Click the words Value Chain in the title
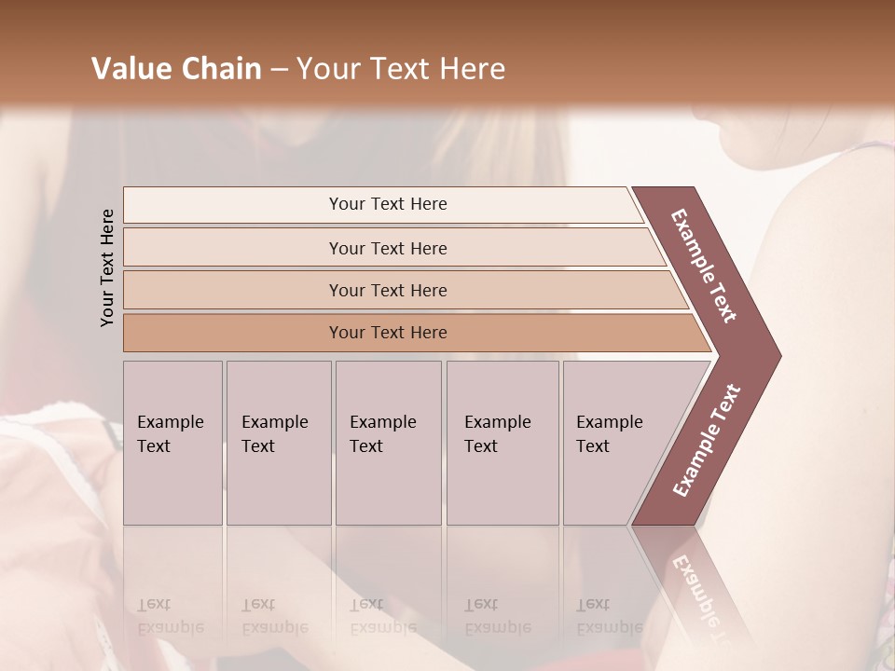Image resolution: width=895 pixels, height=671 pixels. pyautogui.click(x=176, y=69)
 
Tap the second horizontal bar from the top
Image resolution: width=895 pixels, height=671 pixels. pyautogui.click(x=387, y=248)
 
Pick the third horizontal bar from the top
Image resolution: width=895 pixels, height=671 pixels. pyautogui.click(x=387, y=290)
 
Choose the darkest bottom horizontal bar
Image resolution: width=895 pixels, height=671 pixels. pyautogui.click(x=387, y=333)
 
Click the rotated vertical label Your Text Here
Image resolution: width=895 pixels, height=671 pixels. pyautogui.click(x=108, y=267)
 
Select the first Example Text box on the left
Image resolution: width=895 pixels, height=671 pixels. pyautogui.click(x=172, y=443)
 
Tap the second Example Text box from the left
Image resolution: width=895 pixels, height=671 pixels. pyautogui.click(x=278, y=443)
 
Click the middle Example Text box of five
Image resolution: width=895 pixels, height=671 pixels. pyautogui.click(x=387, y=443)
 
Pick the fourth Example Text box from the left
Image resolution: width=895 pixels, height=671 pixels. pyautogui.click(x=502, y=443)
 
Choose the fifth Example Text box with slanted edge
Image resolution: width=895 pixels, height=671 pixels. pyautogui.click(x=615, y=443)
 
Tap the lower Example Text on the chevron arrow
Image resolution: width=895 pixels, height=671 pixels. pyautogui.click(x=707, y=441)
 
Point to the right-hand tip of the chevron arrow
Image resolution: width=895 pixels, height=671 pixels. pyautogui.click(x=778, y=356)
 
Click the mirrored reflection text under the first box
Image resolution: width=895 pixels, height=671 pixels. pyautogui.click(x=170, y=617)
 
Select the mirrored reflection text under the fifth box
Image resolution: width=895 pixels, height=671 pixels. pyautogui.click(x=609, y=617)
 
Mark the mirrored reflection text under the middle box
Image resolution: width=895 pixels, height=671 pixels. pyautogui.click(x=382, y=617)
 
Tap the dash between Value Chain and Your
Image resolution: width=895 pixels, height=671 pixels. pyautogui.click(x=279, y=70)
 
